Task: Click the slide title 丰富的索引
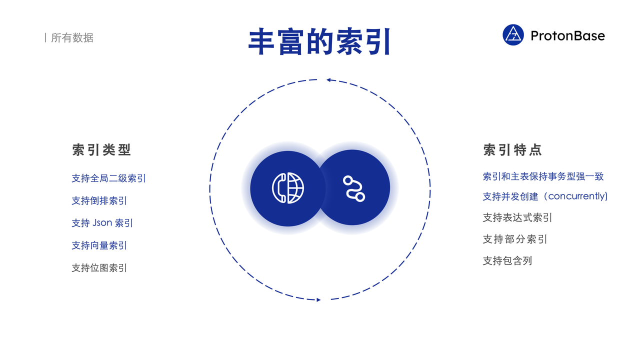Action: tap(319, 41)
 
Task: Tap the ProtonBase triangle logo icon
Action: tap(513, 35)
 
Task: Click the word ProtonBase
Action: tap(567, 35)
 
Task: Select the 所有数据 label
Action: tap(72, 37)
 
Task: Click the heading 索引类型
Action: tap(101, 149)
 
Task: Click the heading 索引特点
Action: tap(512, 149)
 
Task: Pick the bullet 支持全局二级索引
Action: tap(108, 178)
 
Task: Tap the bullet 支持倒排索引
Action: tap(99, 200)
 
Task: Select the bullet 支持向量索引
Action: tap(99, 245)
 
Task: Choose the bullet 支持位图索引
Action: tap(99, 268)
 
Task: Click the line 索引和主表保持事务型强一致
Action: tap(543, 176)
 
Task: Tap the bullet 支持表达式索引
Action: tap(517, 217)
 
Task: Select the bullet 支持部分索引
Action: tap(515, 239)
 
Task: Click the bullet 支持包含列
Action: tap(507, 260)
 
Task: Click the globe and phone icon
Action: tap(287, 188)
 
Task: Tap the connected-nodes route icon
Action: tap(353, 189)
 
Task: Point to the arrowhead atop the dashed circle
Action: tap(329, 80)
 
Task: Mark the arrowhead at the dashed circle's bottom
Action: tap(318, 299)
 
